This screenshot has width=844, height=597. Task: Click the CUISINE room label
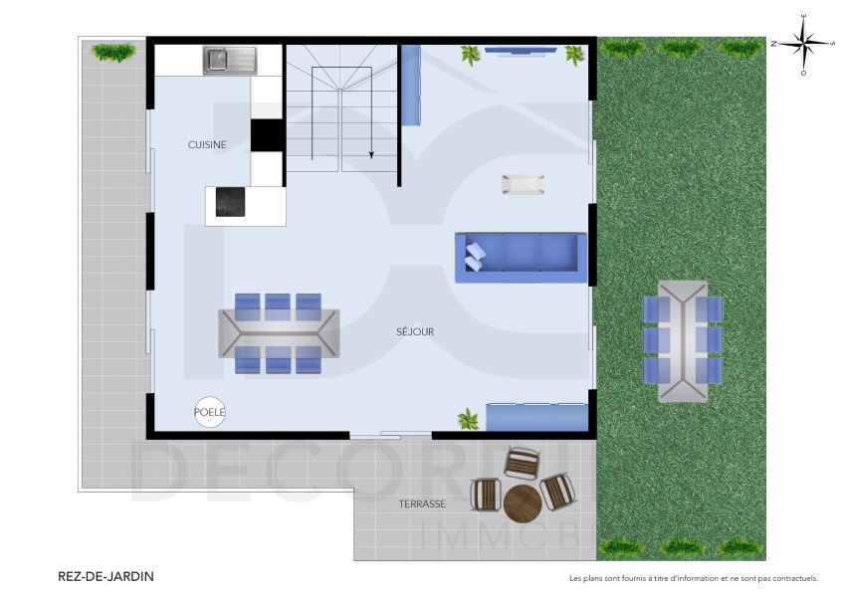[x=207, y=144]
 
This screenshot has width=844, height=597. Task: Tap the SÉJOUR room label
[x=415, y=331]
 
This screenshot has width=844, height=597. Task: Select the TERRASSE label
[x=422, y=504]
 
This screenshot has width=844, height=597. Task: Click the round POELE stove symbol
[x=210, y=412]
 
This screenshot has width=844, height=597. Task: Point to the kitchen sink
[x=230, y=61]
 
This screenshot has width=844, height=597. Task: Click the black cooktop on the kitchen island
[x=231, y=203]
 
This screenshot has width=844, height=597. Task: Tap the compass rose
[x=804, y=43]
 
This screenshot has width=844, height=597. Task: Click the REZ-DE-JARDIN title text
[x=106, y=576]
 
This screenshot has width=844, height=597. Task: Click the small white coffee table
[x=523, y=184]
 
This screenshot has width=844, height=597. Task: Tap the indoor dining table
[x=279, y=332]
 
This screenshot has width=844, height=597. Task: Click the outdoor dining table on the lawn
[x=682, y=340]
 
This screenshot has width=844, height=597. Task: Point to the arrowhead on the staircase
[x=371, y=154]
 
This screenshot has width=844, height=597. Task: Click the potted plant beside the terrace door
[x=468, y=419]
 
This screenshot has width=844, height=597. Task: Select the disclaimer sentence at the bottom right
[x=693, y=577]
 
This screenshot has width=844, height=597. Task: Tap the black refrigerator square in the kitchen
[x=267, y=134]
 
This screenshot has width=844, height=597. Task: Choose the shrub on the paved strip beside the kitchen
[x=112, y=52]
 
